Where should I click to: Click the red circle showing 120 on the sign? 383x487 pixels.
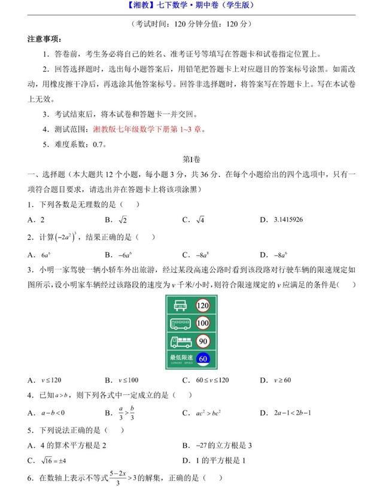pos(202,306)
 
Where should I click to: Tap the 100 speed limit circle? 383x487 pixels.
pos(202,324)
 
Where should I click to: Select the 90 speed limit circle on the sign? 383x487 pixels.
pos(202,342)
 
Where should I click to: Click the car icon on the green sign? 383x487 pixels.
pos(180,306)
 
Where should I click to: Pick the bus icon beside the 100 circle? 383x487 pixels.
pos(180,324)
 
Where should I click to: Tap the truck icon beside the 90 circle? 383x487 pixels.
pos(180,342)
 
